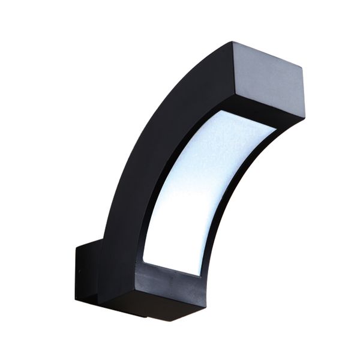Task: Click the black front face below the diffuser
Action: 171,282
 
